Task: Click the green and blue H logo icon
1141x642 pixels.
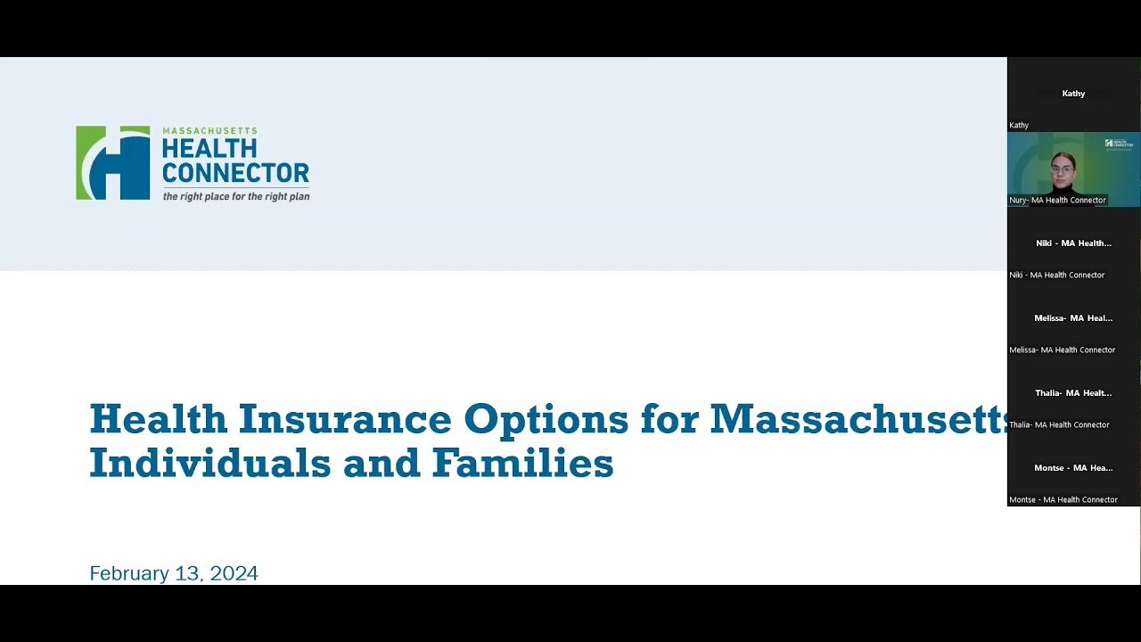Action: [x=113, y=162]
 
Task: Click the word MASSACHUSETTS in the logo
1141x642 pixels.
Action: [x=209, y=131]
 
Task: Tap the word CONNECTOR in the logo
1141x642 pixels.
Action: [x=235, y=172]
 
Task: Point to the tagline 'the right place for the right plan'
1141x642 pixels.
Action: [x=236, y=196]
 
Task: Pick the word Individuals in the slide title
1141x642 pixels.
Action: [x=207, y=463]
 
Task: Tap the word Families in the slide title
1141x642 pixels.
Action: [x=523, y=463]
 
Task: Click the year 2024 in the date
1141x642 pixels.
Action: [x=234, y=573]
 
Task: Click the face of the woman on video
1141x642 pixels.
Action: [x=1062, y=169]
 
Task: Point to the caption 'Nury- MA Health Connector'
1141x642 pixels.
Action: [x=1057, y=200]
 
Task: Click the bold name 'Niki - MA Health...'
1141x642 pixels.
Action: [x=1073, y=243]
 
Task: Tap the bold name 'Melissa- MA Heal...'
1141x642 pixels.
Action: [x=1073, y=317]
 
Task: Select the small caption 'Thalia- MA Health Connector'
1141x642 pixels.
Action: [x=1059, y=424]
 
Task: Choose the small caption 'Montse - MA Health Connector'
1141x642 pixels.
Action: [x=1063, y=499]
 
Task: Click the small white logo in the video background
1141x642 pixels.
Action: [x=1118, y=144]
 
